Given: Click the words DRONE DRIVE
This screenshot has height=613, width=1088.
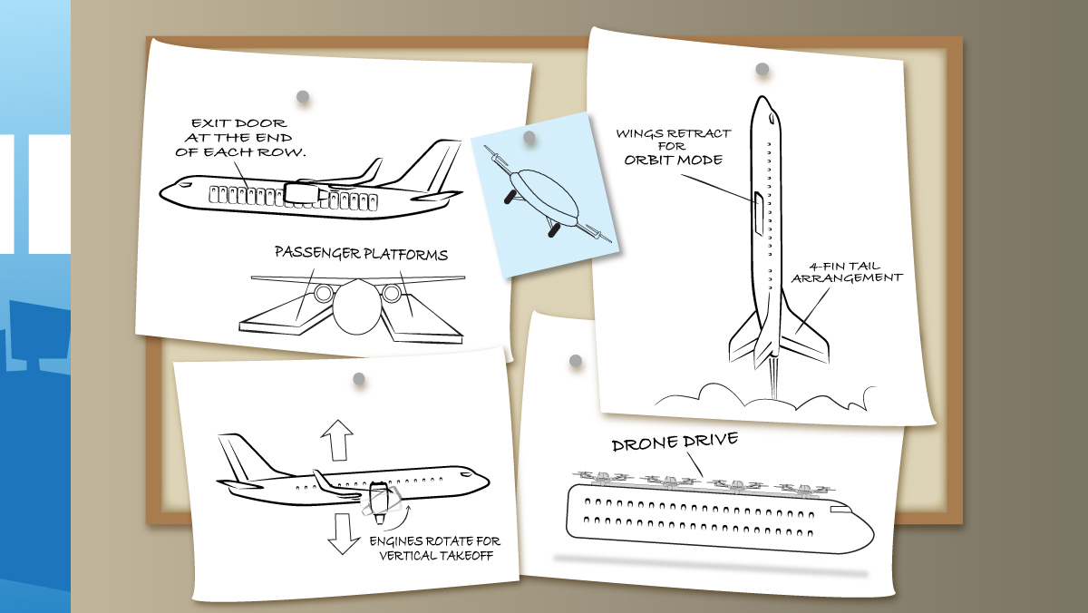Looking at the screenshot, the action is point(675,442).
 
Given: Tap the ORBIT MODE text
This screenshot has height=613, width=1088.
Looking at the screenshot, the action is point(673,160).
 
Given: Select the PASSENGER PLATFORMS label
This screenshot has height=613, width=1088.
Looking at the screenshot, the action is point(361,253).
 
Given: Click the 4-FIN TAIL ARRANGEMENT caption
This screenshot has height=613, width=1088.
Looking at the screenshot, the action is point(847,272).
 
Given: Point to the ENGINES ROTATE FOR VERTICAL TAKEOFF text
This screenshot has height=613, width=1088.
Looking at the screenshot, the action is point(435,548).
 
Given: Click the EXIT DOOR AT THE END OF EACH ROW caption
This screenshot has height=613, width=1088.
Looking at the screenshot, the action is point(240,138).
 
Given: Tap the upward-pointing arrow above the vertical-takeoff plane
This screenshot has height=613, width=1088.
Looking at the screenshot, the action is point(336,440).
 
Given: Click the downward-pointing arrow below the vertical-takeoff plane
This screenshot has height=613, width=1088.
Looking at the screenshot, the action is point(343,533).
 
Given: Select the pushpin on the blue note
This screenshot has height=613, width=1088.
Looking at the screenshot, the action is point(529,138).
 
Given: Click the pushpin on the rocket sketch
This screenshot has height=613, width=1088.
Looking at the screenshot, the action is point(763,69).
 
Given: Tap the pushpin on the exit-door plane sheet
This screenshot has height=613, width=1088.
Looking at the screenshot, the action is point(303,97).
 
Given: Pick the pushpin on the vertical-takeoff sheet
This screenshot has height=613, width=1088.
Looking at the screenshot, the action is point(359,379).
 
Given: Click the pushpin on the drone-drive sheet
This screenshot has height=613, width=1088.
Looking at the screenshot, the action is point(576,361).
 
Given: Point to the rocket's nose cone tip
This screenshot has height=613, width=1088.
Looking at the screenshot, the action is point(763,96).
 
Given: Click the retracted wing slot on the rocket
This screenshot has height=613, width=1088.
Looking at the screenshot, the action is point(758,213).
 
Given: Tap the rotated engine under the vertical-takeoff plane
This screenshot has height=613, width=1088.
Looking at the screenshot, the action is point(379,502).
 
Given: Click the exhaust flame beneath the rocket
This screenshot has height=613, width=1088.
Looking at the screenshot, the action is point(773,378).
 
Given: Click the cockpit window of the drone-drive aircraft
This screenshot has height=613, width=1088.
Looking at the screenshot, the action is point(840,510).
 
